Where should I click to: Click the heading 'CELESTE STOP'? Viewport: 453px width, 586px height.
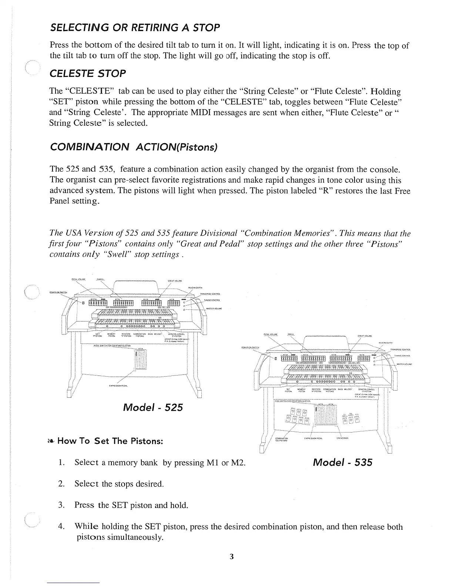(88, 73)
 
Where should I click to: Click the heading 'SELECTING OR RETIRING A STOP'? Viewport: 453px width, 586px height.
(135, 27)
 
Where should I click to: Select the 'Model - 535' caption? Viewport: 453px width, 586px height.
(342, 462)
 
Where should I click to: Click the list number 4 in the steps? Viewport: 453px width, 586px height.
(62, 526)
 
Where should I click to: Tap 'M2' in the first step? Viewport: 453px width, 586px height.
(238, 462)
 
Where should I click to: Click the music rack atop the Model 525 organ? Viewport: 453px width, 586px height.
(135, 287)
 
